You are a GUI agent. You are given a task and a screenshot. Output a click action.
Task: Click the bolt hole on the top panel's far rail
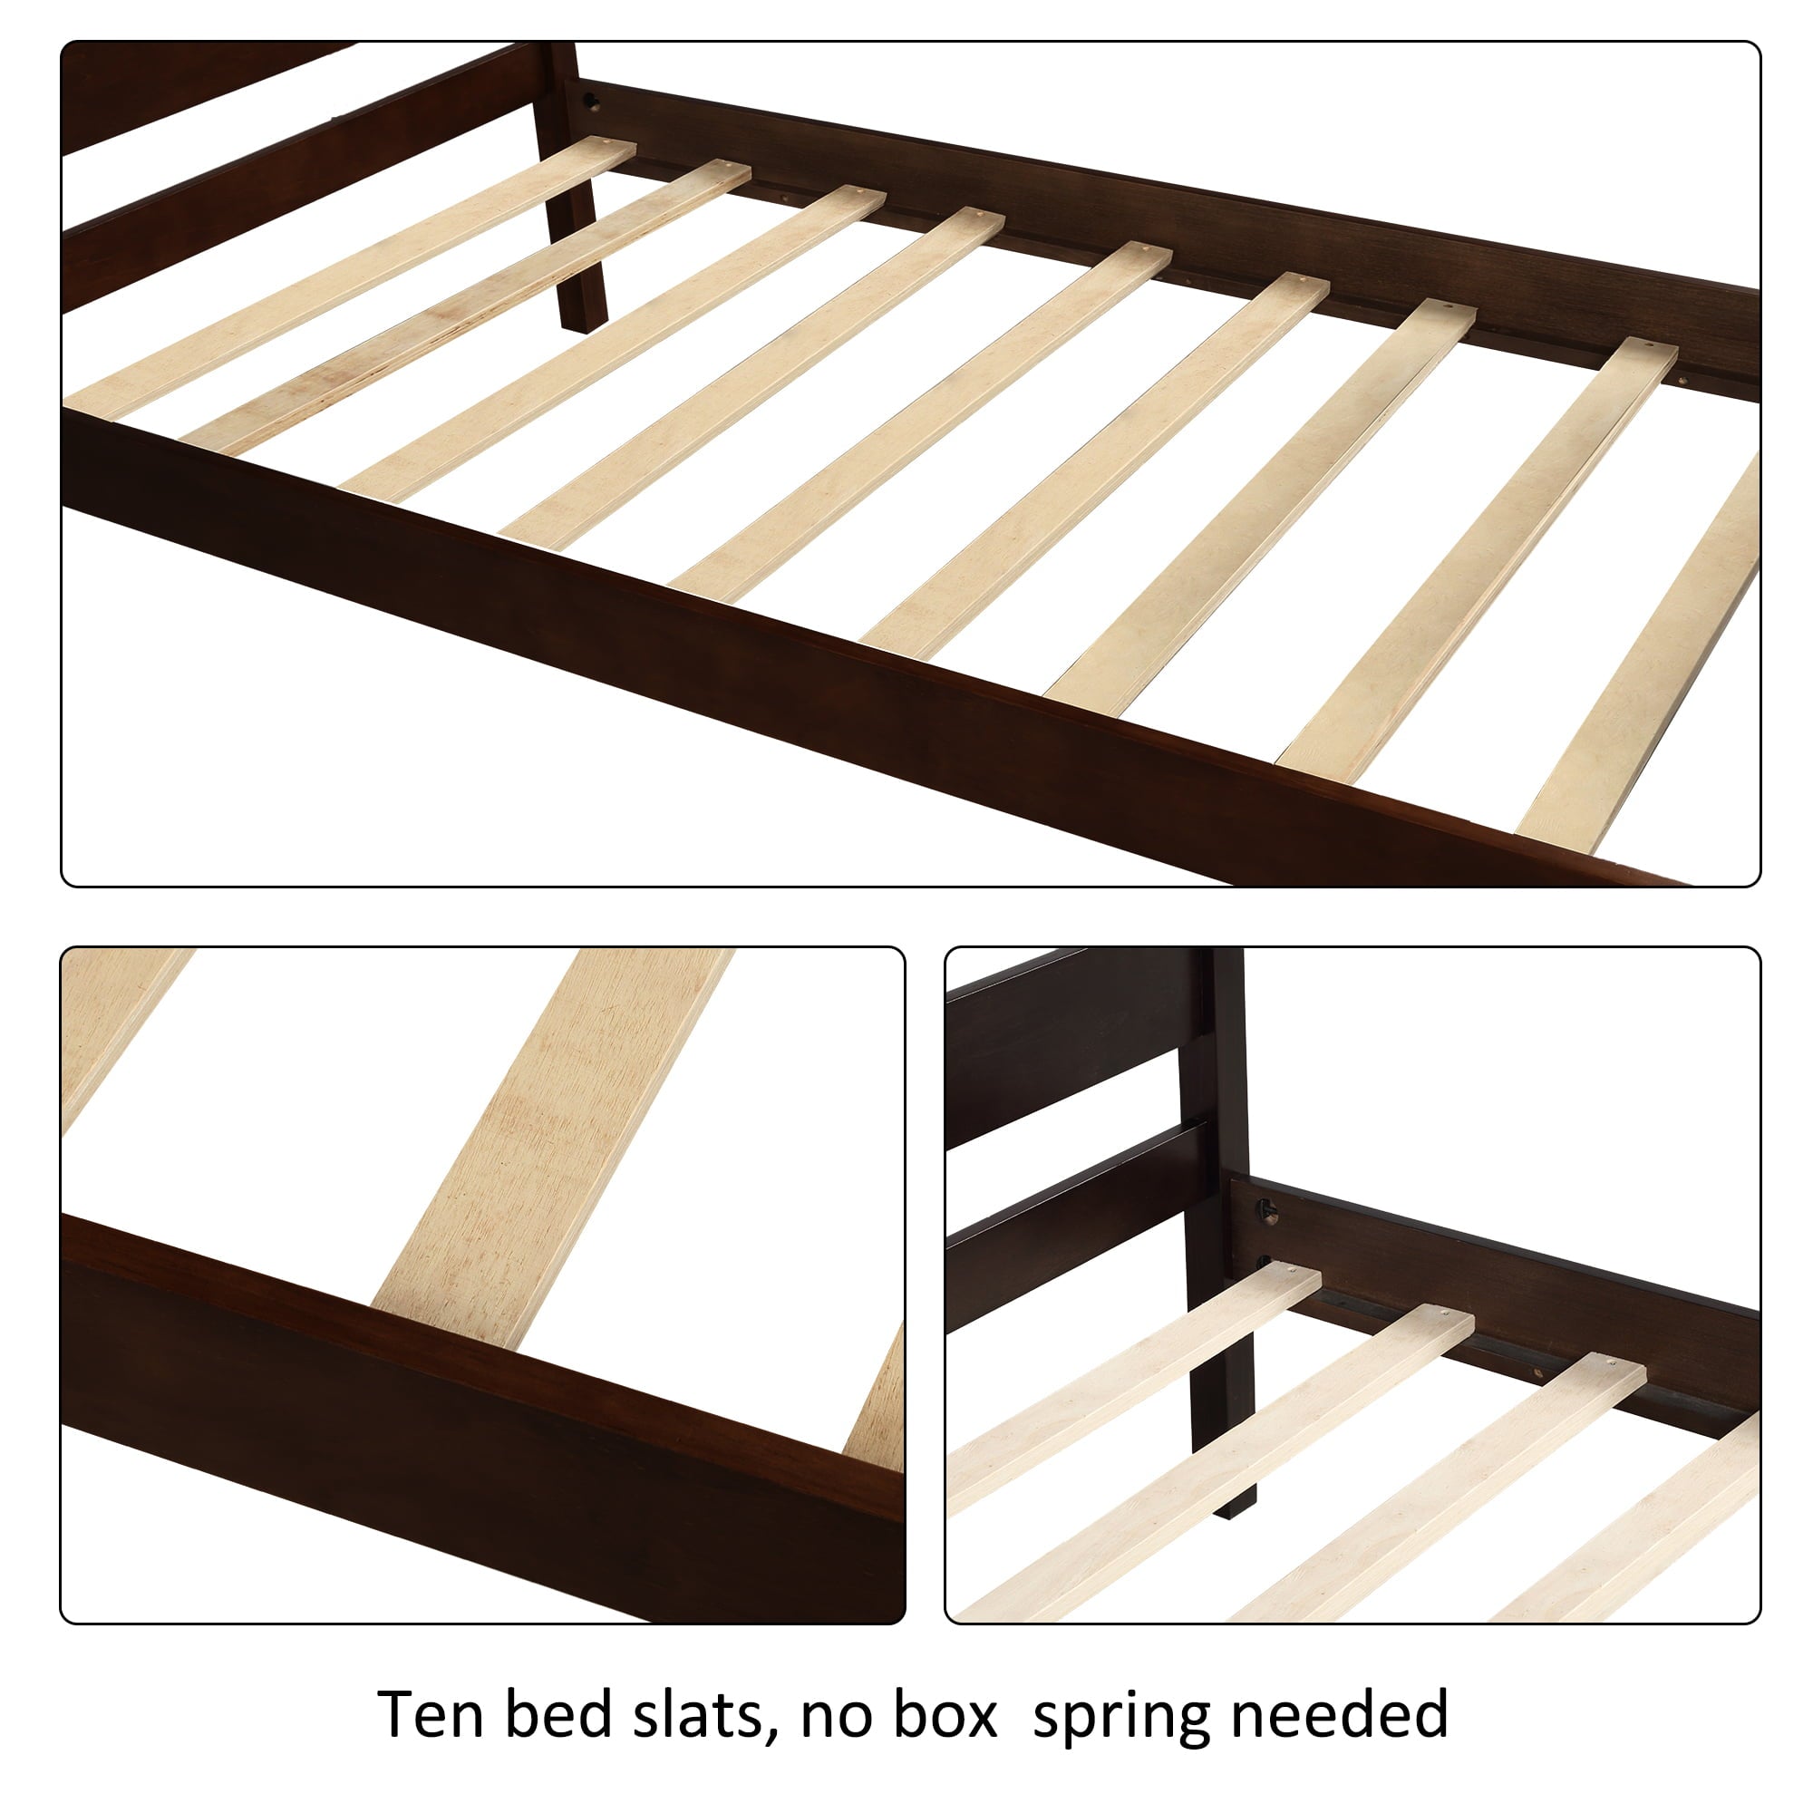pyautogui.click(x=592, y=101)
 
